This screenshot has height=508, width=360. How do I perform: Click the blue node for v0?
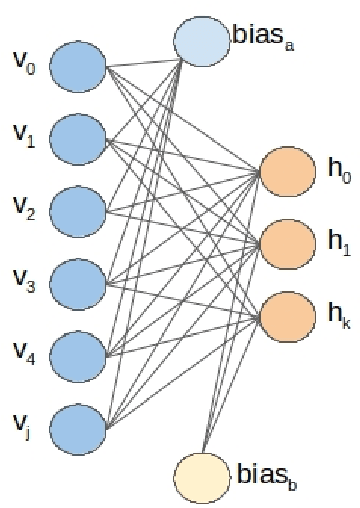77,71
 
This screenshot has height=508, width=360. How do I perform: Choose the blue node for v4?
77,351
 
